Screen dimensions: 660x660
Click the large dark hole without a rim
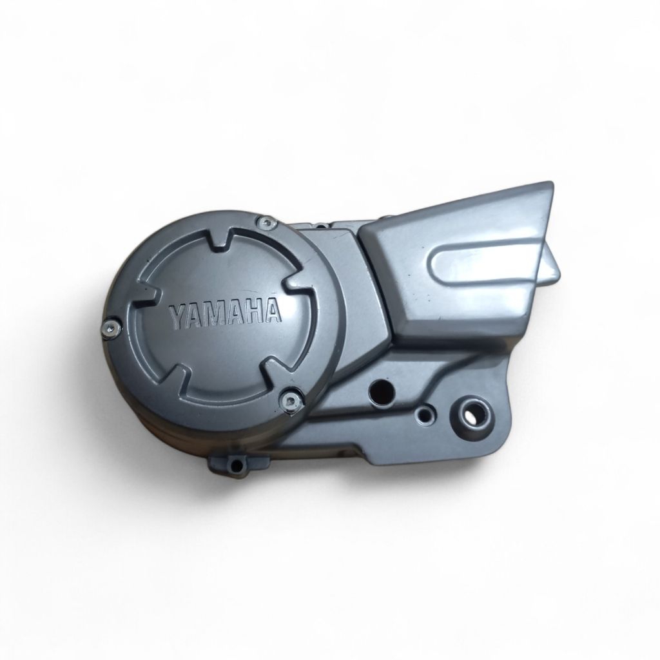[x=381, y=390]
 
